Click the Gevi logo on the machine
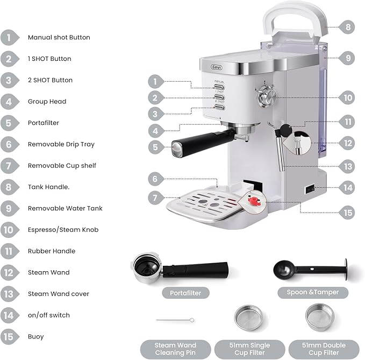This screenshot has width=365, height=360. click(217, 67)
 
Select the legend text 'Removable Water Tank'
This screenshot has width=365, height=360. click(65, 208)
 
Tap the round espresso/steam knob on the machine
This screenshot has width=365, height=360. click(266, 97)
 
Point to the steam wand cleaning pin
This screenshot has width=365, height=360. click(175, 320)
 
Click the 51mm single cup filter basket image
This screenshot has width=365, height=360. click(248, 318)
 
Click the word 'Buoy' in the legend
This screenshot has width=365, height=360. click(36, 336)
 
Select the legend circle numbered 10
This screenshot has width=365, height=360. click(10, 230)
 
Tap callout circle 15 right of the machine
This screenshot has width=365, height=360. click(348, 213)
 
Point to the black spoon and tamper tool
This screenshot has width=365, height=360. click(310, 268)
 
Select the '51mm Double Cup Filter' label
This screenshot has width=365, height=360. click(324, 349)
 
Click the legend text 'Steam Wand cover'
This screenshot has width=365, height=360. click(59, 294)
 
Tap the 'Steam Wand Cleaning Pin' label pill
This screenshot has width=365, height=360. click(175, 349)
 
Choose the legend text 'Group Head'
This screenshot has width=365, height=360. click(47, 101)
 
